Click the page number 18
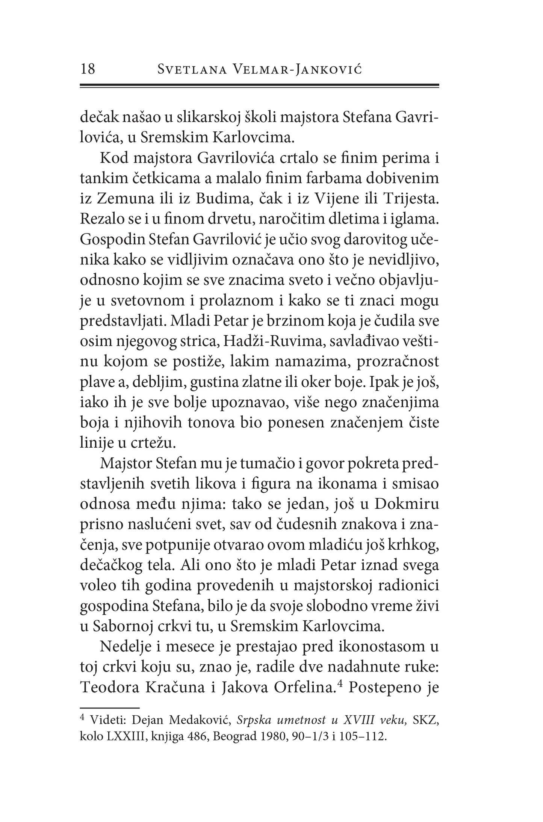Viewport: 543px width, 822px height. click(88, 69)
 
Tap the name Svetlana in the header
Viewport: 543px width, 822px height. click(192, 70)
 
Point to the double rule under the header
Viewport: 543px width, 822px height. click(259, 86)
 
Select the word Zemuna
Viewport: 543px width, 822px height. click(121, 199)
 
